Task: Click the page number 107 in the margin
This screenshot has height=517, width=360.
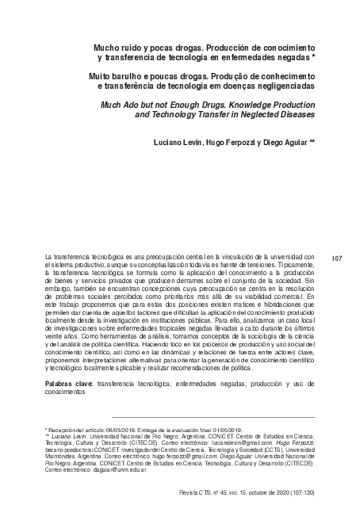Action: [336, 258]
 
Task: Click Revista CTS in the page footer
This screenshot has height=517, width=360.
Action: [199, 492]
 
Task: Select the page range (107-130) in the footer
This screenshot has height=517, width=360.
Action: [298, 492]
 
